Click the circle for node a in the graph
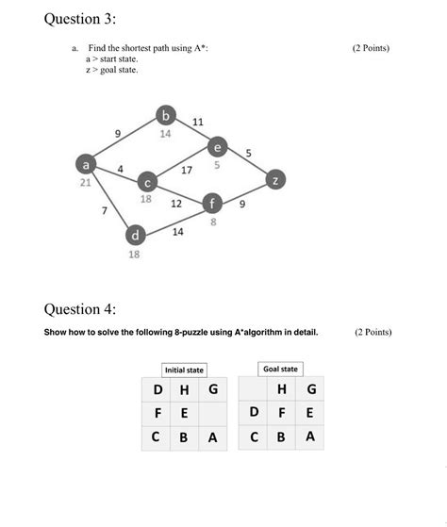pyautogui.click(x=88, y=164)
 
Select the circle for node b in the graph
pyautogui.click(x=166, y=117)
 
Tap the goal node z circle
pyautogui.click(x=274, y=179)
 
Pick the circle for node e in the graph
pyautogui.click(x=218, y=148)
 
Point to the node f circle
pyautogui.click(x=214, y=204)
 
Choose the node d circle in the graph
pyautogui.click(x=136, y=234)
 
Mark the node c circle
pyautogui.click(x=147, y=181)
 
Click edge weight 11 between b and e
pyautogui.click(x=197, y=123)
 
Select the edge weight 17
pyautogui.click(x=187, y=171)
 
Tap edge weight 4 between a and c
pyautogui.click(x=121, y=168)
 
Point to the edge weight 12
pyautogui.click(x=176, y=203)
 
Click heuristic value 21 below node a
pyautogui.click(x=85, y=183)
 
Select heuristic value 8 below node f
pyautogui.click(x=213, y=222)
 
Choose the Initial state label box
pyautogui.click(x=184, y=371)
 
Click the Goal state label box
pyautogui.click(x=280, y=369)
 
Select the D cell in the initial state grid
pyautogui.click(x=157, y=389)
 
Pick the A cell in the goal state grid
pyautogui.click(x=310, y=436)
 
